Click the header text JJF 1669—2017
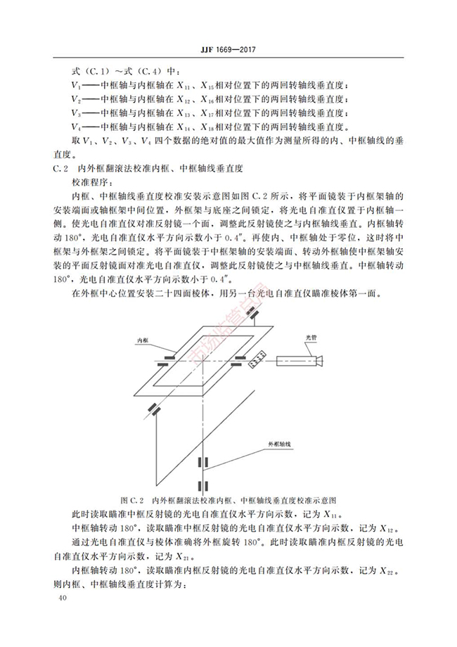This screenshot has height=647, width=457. click(228, 50)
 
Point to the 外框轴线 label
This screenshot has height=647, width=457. click(279, 444)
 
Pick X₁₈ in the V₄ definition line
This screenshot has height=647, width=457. click(210, 127)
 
